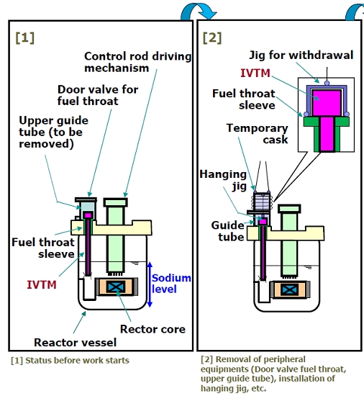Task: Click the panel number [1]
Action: coord(24,38)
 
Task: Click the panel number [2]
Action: coord(212,38)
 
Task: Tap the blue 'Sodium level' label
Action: coord(171,284)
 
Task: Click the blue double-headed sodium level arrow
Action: coord(150,284)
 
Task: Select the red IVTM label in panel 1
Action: coord(42,284)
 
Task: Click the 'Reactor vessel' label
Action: coord(75,343)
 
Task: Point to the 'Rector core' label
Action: coord(153,329)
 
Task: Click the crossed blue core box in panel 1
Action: coord(116,287)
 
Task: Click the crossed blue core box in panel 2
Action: coord(290,289)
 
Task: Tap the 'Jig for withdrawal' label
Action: coord(301,55)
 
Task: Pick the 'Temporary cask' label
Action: coord(257,134)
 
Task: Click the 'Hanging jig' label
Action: coord(223,180)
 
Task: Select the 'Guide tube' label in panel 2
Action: coord(227,231)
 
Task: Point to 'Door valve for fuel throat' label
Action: coord(98,95)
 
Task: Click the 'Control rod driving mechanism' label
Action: coord(137,62)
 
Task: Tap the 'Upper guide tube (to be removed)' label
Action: coord(53,132)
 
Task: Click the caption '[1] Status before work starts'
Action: coord(70,361)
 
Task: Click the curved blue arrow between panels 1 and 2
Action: coord(198,9)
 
